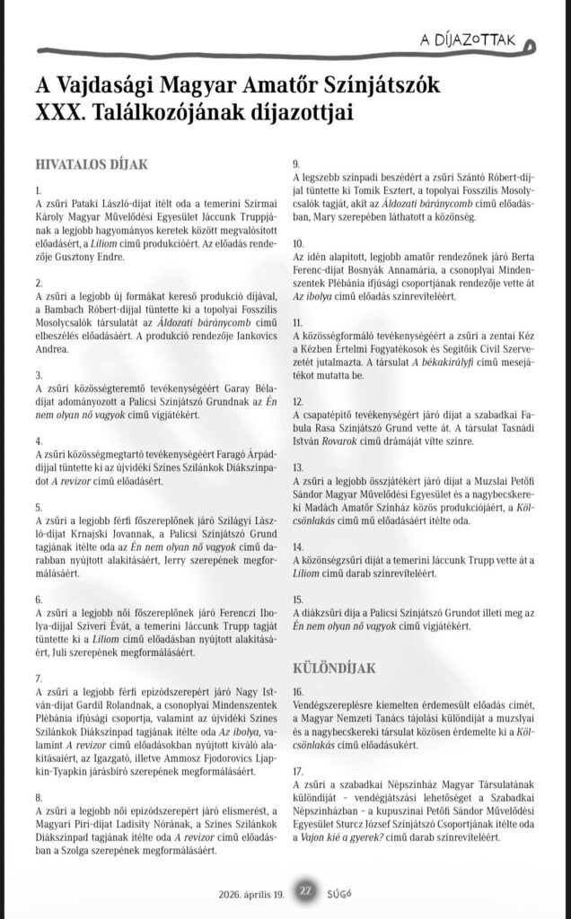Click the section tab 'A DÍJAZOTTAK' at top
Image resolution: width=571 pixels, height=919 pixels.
[x=470, y=39]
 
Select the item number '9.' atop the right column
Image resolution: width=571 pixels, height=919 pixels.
[x=296, y=163]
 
